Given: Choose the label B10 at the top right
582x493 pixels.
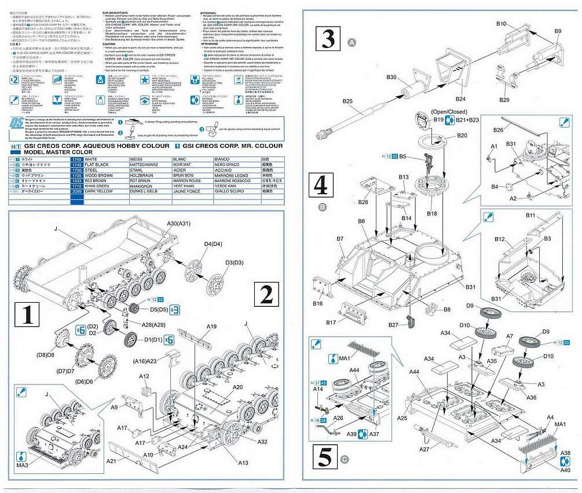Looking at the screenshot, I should point(502,24).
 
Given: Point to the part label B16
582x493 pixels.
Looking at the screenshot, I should point(318,303).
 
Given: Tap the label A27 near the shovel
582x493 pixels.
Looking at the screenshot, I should point(423,449).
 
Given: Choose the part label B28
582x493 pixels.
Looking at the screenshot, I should point(363,202).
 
